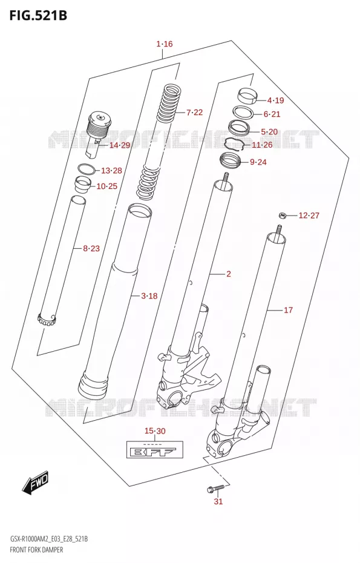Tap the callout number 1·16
165,44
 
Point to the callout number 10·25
107,186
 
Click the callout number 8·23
91,248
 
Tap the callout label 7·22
195,113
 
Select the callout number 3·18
149,296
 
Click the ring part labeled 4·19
248,96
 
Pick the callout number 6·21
272,114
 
